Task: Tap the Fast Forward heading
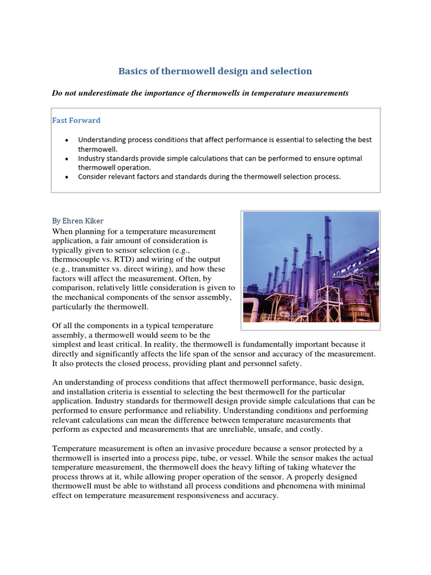point(76,120)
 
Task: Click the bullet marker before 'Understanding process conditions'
point(67,140)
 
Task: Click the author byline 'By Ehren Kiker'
point(79,221)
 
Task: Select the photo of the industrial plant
point(310,267)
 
